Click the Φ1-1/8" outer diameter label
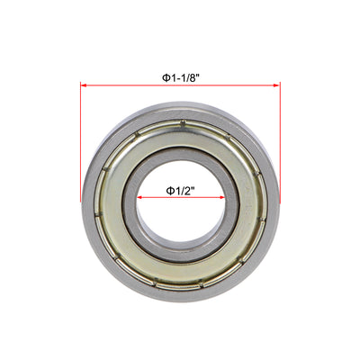[x=180, y=77]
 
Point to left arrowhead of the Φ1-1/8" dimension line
[x=85, y=86]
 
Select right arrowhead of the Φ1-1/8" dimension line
[x=277, y=86]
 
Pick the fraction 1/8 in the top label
[x=187, y=77]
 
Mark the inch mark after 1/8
[x=196, y=76]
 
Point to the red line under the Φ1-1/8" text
[x=180, y=86]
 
